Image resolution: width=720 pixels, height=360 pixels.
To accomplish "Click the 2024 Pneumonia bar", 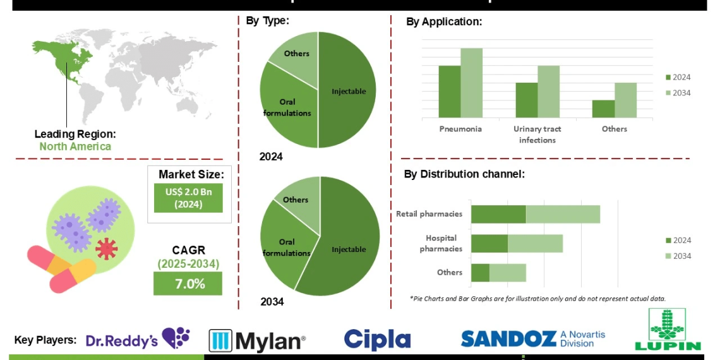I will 449,92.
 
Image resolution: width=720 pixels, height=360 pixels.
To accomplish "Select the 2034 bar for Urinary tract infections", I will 548,92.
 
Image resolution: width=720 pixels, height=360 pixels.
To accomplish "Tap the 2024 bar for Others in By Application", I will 603,109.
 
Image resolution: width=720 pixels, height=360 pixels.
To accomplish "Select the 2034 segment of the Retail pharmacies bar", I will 563,214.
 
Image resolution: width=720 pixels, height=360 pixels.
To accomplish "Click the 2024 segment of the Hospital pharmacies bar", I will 489,244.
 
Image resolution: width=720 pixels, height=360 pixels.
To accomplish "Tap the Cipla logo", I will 377,340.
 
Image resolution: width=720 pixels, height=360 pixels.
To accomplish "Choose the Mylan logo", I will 257,341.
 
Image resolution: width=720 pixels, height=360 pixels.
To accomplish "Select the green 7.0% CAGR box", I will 188,284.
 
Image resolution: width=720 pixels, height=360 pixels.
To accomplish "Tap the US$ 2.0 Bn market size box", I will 188,198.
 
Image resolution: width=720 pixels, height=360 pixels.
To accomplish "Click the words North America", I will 75,147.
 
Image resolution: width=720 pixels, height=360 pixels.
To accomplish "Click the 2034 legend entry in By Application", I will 678,93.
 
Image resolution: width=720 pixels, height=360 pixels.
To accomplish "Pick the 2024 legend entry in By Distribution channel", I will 678,240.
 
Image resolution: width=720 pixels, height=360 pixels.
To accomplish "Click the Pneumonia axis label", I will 460,129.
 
